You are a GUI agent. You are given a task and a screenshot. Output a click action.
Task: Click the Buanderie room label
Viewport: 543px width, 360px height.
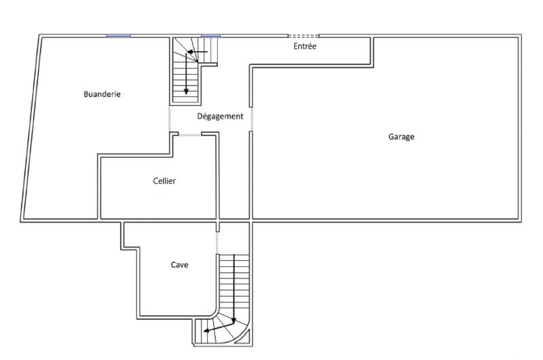point(102,94)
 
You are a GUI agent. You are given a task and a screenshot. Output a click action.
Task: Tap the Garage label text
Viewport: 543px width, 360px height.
point(401,137)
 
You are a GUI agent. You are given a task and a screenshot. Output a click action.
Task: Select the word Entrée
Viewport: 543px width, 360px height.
point(305,46)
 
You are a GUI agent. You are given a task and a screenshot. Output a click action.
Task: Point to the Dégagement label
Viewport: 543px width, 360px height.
point(220,116)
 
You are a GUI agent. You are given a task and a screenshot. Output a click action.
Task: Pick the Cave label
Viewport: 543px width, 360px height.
point(179,265)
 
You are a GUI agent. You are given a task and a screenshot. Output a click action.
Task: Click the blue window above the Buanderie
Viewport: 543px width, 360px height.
point(118,36)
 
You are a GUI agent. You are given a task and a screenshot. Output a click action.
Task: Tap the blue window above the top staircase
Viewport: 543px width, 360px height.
point(210,36)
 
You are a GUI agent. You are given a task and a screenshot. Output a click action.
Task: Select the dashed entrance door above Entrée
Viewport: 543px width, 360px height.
point(303,36)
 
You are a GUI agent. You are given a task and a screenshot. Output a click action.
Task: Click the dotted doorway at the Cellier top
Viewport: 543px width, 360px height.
point(189,135)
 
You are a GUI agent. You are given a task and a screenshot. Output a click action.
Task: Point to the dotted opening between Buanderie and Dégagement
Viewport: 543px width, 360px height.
point(170,119)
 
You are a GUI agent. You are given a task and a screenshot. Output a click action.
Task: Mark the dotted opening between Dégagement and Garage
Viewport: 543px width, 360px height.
point(251,119)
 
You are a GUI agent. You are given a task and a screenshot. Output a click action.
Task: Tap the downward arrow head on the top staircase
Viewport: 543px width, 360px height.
point(186,92)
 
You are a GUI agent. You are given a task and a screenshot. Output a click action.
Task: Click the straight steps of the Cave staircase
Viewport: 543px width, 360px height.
point(233,282)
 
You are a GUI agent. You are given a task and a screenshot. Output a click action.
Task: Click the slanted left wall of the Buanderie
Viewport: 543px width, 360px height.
point(31,129)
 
